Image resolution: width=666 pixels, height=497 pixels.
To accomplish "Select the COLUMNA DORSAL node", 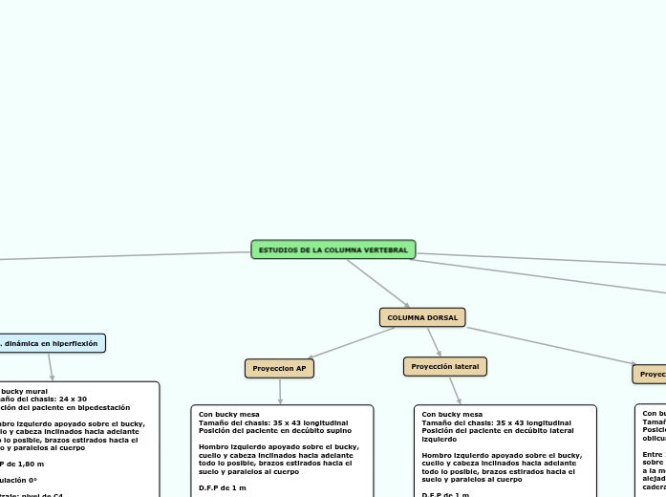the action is (x=422, y=316).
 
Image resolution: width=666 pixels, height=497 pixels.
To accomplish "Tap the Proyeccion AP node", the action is (x=280, y=367).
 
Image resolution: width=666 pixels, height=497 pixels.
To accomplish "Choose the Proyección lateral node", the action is (x=445, y=366).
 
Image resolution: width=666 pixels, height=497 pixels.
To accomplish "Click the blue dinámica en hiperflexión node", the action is (x=52, y=342).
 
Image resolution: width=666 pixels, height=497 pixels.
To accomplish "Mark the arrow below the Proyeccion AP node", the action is (x=280, y=391).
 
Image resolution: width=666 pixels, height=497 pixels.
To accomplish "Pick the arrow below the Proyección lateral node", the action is (x=455, y=390).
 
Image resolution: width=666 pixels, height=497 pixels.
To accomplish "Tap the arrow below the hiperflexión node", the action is (x=52, y=367).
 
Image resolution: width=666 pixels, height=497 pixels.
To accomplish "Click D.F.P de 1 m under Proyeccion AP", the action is (x=222, y=487).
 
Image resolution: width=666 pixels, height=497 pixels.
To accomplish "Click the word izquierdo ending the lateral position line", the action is (x=439, y=440).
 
